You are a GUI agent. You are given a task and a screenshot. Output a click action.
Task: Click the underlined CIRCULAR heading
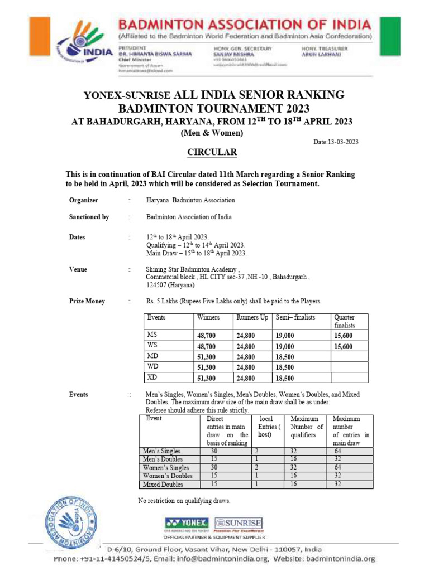point(211,152)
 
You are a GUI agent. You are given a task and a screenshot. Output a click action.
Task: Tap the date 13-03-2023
point(336,142)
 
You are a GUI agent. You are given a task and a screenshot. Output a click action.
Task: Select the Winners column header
point(208,317)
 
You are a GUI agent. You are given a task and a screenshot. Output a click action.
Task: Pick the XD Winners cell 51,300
point(206,378)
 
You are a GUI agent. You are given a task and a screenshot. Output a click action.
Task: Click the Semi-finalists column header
point(295,317)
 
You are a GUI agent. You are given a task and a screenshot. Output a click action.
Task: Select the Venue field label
point(78,269)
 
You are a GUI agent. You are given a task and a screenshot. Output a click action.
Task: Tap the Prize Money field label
point(87,301)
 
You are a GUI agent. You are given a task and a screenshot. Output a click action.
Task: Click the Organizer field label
point(83,200)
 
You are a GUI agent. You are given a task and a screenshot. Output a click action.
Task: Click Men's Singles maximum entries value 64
point(338,451)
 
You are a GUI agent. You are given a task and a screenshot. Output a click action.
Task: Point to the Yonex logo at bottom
point(187,523)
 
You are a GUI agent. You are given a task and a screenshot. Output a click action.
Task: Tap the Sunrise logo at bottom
point(239,523)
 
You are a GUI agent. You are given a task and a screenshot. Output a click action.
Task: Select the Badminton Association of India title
point(244,25)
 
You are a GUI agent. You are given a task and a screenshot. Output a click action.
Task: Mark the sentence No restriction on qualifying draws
point(184,501)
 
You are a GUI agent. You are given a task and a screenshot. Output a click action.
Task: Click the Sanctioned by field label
point(89,217)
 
